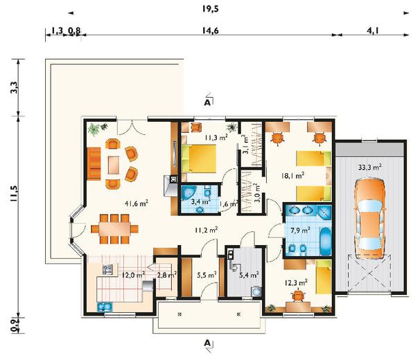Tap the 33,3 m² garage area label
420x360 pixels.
point(369,168)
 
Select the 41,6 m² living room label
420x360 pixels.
point(137,204)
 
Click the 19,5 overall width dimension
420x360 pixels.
point(210,9)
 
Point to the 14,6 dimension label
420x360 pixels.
point(210,30)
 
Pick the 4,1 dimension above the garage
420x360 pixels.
point(373,30)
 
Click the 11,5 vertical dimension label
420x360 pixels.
point(14,193)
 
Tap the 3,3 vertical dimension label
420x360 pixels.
point(14,87)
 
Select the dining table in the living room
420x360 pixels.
point(114,229)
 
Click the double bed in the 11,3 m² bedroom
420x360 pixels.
point(199,159)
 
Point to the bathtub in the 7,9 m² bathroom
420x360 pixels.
point(325,241)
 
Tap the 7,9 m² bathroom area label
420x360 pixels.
point(300,230)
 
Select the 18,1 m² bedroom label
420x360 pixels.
point(292,176)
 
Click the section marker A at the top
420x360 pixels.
point(207,102)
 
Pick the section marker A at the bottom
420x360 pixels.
point(207,343)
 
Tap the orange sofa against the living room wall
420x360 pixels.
point(94,164)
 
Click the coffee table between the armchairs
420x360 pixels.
point(114,165)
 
